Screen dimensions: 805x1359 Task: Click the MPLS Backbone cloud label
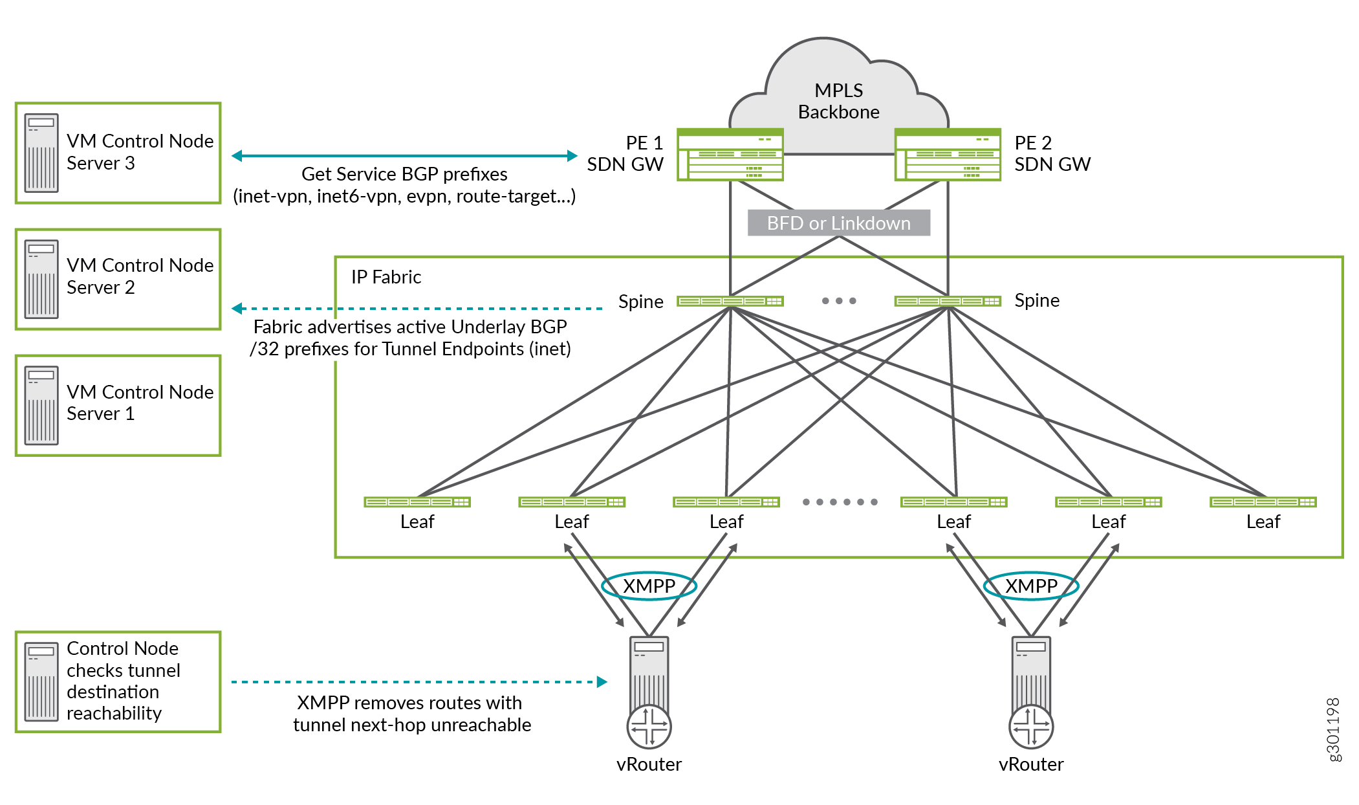pyautogui.click(x=838, y=101)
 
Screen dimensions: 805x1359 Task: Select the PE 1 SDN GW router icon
pyautogui.click(x=730, y=155)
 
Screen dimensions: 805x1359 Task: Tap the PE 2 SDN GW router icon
pyautogui.click(x=948, y=155)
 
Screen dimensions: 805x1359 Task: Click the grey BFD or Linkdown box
pyautogui.click(x=838, y=223)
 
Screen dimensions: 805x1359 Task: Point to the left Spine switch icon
pyautogui.click(x=730, y=301)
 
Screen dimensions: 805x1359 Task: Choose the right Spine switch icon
pyautogui.click(x=948, y=301)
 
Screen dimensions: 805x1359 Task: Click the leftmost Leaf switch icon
pyautogui.click(x=417, y=502)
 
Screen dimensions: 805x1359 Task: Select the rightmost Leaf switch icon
pyautogui.click(x=1263, y=502)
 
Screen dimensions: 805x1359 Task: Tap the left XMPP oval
pyautogui.click(x=649, y=586)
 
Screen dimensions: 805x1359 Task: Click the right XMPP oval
pyautogui.click(x=1031, y=586)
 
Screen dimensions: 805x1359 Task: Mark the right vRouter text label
pyautogui.click(x=1031, y=764)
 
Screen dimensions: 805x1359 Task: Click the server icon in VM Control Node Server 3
pyautogui.click(x=41, y=153)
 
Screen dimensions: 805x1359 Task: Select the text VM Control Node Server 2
pyautogui.click(x=140, y=276)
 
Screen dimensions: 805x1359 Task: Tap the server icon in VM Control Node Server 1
pyautogui.click(x=41, y=406)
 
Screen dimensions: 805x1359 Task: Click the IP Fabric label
pyautogui.click(x=386, y=277)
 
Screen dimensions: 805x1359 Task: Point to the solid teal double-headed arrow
pyautogui.click(x=404, y=156)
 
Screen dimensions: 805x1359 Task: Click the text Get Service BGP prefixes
pyautogui.click(x=404, y=174)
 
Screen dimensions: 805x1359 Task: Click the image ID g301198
pyautogui.click(x=1333, y=729)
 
